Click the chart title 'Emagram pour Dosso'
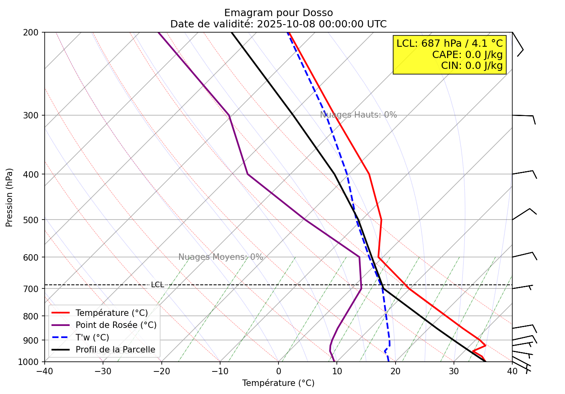pyautogui.click(x=278, y=13)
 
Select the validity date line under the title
pyautogui.click(x=278, y=24)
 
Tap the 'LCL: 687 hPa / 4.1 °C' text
pyautogui.click(x=450, y=44)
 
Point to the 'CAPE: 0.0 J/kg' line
pyautogui.click(x=467, y=54)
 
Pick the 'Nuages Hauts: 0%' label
pyautogui.click(x=358, y=115)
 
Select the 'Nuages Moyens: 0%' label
pyautogui.click(x=221, y=257)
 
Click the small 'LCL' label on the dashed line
pyautogui.click(x=157, y=285)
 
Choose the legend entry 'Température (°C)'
pyautogui.click(x=111, y=313)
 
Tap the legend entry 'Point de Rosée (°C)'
pyautogui.click(x=116, y=325)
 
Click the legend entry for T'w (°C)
pyautogui.click(x=92, y=338)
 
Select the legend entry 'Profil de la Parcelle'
pyautogui.click(x=115, y=350)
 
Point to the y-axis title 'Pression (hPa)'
pyautogui.click(x=9, y=197)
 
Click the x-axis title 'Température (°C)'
pyautogui.click(x=278, y=383)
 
